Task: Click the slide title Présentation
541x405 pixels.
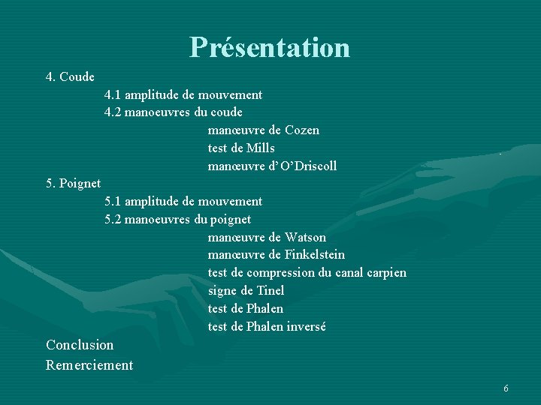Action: [x=270, y=47]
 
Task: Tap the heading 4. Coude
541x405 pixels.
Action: [x=70, y=77]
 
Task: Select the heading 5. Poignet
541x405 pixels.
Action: [x=73, y=184]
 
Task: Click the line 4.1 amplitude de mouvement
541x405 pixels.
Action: [x=183, y=95]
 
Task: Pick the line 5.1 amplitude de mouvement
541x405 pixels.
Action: [x=183, y=202]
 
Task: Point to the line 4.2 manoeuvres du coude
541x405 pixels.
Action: [x=174, y=112]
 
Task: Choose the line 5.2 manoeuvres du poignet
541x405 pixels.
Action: [x=178, y=220]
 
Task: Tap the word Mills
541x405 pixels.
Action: [x=260, y=148]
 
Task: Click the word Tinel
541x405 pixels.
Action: [x=270, y=291]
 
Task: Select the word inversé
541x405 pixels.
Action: [x=306, y=327]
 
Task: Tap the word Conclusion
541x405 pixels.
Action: [x=80, y=345]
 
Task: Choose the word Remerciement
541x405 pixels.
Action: [x=89, y=365]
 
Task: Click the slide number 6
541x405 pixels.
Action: [x=506, y=388]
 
